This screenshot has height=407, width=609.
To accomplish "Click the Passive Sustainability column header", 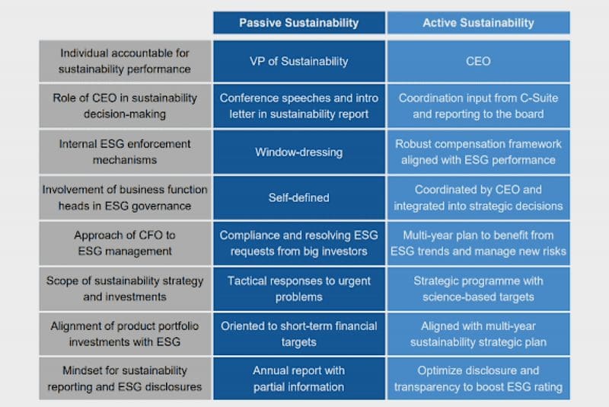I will click(x=298, y=23).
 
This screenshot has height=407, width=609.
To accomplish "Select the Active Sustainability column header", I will click(x=478, y=23).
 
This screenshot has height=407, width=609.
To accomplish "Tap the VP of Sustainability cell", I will click(x=298, y=61).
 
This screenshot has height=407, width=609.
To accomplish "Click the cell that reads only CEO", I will click(x=478, y=61).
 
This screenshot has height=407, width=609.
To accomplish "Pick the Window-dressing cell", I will click(x=298, y=152).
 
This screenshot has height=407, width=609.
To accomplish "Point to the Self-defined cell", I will click(x=298, y=197).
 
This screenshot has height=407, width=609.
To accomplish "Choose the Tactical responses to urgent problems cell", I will click(x=298, y=288).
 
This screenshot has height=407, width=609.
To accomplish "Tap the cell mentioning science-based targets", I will click(x=478, y=288).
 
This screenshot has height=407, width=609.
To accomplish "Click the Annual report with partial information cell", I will click(x=298, y=379).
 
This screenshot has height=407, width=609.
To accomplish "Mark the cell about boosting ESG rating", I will click(x=478, y=379).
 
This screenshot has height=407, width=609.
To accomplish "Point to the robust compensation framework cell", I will click(x=478, y=152).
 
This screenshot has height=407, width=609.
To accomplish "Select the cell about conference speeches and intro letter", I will click(x=298, y=106).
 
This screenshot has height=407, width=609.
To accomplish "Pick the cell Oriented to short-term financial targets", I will click(x=298, y=334).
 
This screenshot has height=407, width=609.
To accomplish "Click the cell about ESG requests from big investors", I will click(x=298, y=242).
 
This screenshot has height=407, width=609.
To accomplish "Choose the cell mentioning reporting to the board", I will click(x=478, y=106).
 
